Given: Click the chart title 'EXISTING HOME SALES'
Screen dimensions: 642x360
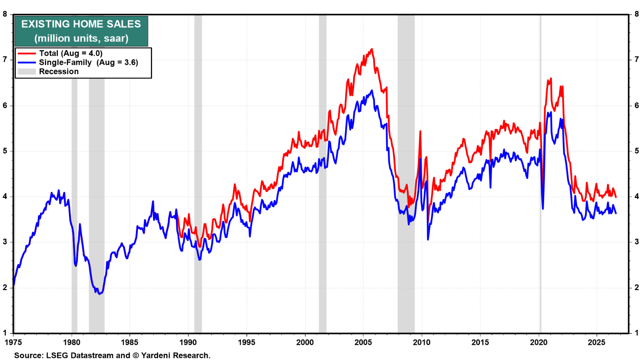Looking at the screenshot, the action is tap(81, 24).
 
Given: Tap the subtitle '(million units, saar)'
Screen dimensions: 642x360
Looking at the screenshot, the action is tap(81, 38).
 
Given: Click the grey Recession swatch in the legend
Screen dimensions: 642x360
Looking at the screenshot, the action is tap(27, 71).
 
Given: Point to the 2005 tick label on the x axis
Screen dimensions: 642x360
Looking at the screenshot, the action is tap(363, 342).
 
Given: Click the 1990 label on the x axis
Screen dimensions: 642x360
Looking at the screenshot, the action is tap(188, 342).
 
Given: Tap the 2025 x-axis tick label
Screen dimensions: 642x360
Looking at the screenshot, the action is tap(597, 342).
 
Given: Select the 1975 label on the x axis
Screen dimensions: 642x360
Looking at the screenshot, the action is tap(13, 342).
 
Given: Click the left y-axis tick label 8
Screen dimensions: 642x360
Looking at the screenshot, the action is tap(5, 14).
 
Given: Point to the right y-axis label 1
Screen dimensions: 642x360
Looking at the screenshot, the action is tap(637, 333).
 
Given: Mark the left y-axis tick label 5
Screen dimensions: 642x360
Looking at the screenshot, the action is tap(5, 151).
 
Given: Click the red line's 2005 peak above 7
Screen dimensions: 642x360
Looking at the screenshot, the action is tap(372, 49).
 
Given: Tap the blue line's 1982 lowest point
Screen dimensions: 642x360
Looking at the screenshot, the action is tap(100, 294).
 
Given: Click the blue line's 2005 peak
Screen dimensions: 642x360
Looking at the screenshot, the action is tap(372, 91).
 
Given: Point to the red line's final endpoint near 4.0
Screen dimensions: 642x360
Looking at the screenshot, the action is tap(616, 197).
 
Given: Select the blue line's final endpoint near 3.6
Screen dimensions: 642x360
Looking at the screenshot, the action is tap(616, 213).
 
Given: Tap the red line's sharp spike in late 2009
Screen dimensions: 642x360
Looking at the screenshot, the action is tap(420, 131).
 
